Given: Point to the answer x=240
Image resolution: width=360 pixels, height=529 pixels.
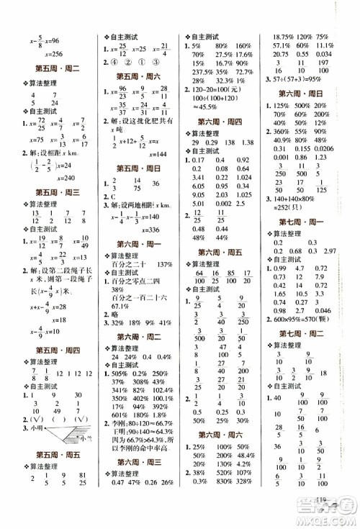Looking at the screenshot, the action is pyautogui.click(x=49, y=176).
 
